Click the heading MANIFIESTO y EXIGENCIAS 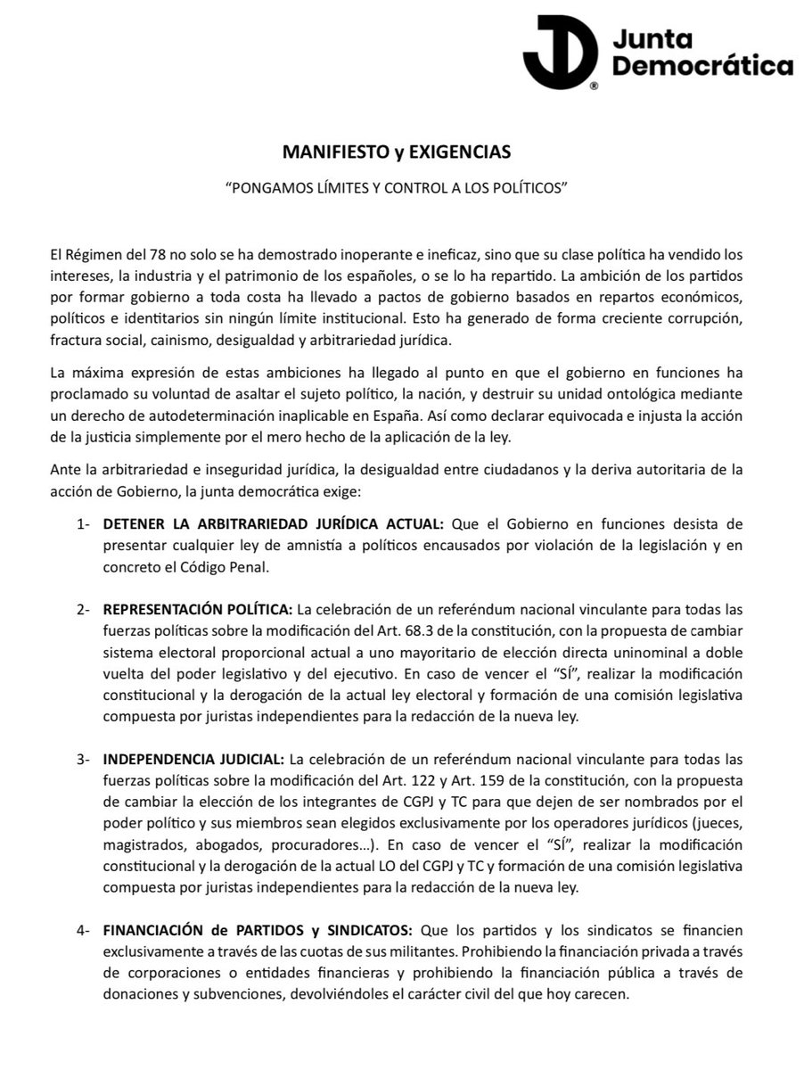397,152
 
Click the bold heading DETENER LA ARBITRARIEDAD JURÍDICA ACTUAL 270,524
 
